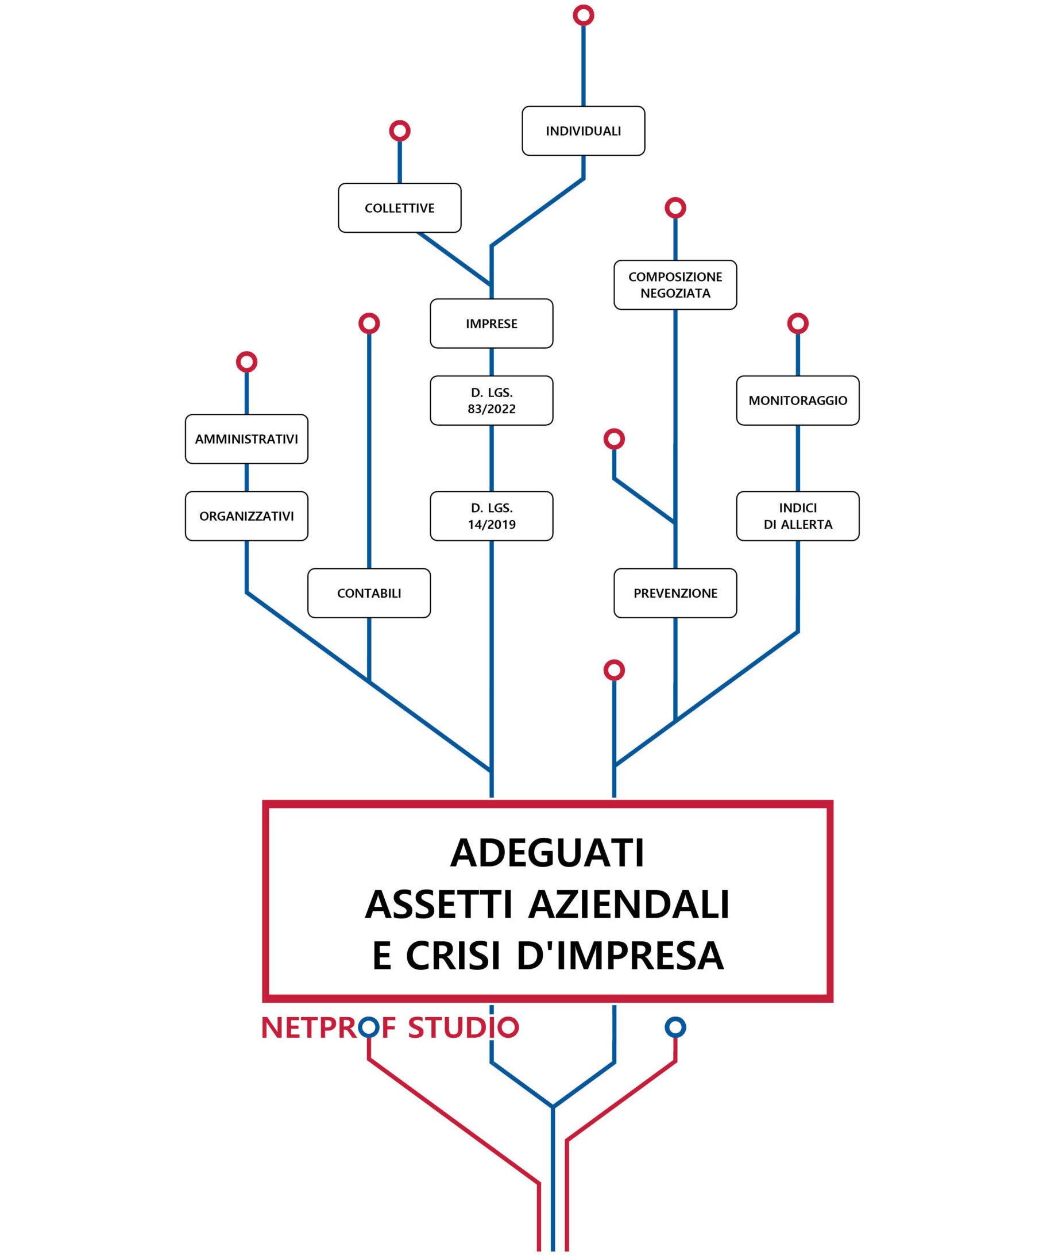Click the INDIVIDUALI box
(x=583, y=131)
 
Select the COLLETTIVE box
(x=399, y=208)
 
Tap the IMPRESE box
(x=491, y=324)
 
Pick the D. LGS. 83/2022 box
(x=491, y=401)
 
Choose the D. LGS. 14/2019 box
(x=491, y=516)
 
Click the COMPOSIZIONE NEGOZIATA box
(x=675, y=285)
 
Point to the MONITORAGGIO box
(x=798, y=401)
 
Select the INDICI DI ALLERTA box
(x=798, y=516)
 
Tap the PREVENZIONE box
(x=675, y=593)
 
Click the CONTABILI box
(x=369, y=593)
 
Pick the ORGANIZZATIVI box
(x=246, y=516)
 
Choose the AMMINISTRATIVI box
(x=246, y=438)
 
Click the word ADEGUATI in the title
(x=547, y=853)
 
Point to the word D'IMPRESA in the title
(x=620, y=955)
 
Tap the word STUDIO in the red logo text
(x=463, y=1028)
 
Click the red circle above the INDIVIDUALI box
(x=583, y=15)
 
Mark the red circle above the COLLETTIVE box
(x=399, y=131)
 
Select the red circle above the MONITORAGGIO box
(x=798, y=324)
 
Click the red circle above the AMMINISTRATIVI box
(x=246, y=361)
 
